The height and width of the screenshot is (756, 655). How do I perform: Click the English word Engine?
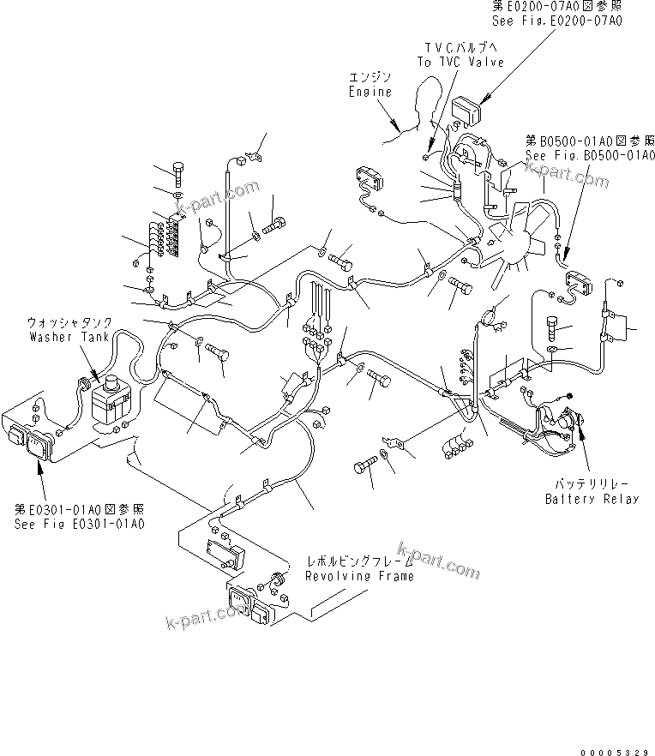pyautogui.click(x=370, y=92)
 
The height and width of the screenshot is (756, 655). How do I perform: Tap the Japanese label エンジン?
pyautogui.click(x=370, y=77)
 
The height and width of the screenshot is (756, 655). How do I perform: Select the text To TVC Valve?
pyautogui.click(x=460, y=62)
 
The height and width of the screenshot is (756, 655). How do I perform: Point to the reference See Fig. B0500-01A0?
pyautogui.click(x=590, y=156)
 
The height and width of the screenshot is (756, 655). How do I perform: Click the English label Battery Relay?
pyautogui.click(x=592, y=499)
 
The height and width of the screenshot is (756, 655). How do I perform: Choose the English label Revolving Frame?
pyautogui.click(x=359, y=575)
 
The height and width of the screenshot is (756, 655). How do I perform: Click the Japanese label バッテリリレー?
pyautogui.click(x=592, y=484)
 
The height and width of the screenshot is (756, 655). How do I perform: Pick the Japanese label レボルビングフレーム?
pyautogui.click(x=360, y=561)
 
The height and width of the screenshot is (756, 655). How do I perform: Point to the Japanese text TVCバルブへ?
pyautogui.click(x=460, y=47)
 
